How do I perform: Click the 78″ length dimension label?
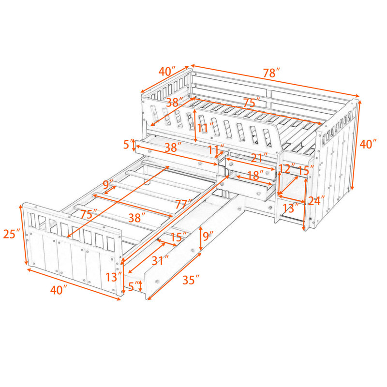[271, 73]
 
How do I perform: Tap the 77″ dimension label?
[183, 204]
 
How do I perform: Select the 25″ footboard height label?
[12, 234]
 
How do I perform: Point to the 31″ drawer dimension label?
[160, 260]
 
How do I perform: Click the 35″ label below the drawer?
[191, 280]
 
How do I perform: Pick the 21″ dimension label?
[259, 158]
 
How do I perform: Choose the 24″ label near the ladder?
[316, 200]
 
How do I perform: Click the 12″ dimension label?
[287, 168]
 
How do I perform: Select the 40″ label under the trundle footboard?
[59, 289]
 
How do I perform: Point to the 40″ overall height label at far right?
[368, 144]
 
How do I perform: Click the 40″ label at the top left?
[167, 71]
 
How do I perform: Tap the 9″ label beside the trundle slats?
[107, 185]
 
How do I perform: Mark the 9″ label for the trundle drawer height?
[208, 237]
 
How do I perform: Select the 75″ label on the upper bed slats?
[252, 103]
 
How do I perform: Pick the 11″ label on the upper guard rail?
[205, 128]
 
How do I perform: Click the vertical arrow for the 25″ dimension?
[23, 235]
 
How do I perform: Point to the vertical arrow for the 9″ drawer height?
[201, 238]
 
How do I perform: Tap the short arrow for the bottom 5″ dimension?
[140, 286]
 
